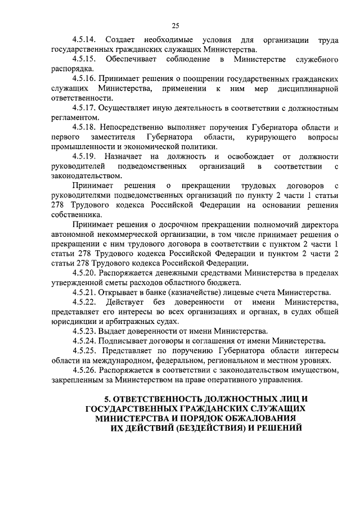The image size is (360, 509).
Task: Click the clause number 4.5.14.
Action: pos(84,40)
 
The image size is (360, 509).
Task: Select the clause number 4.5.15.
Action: pos(84,59)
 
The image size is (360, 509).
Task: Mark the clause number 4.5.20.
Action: pos(84,273)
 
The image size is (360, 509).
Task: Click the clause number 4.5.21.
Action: pos(84,292)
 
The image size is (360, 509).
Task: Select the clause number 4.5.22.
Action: pos(84,302)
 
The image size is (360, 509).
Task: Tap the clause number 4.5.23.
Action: pos(84,331)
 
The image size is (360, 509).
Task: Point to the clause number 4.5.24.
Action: pos(84,340)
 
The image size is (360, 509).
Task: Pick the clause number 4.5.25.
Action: pos(84,350)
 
